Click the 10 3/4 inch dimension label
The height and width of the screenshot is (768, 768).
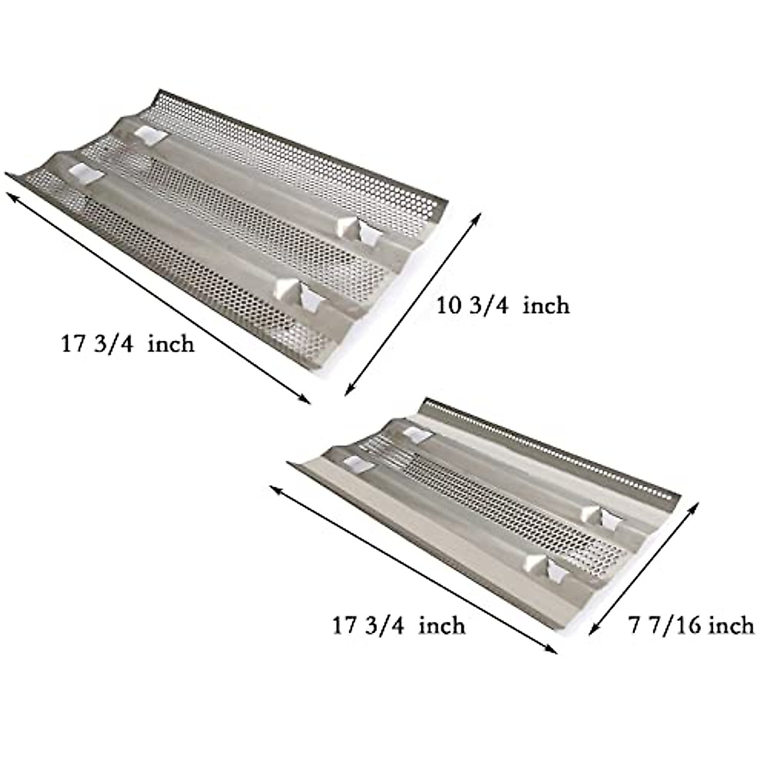502,306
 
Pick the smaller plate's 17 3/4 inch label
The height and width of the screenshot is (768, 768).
399,625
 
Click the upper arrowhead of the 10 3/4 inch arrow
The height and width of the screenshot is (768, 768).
476,218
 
